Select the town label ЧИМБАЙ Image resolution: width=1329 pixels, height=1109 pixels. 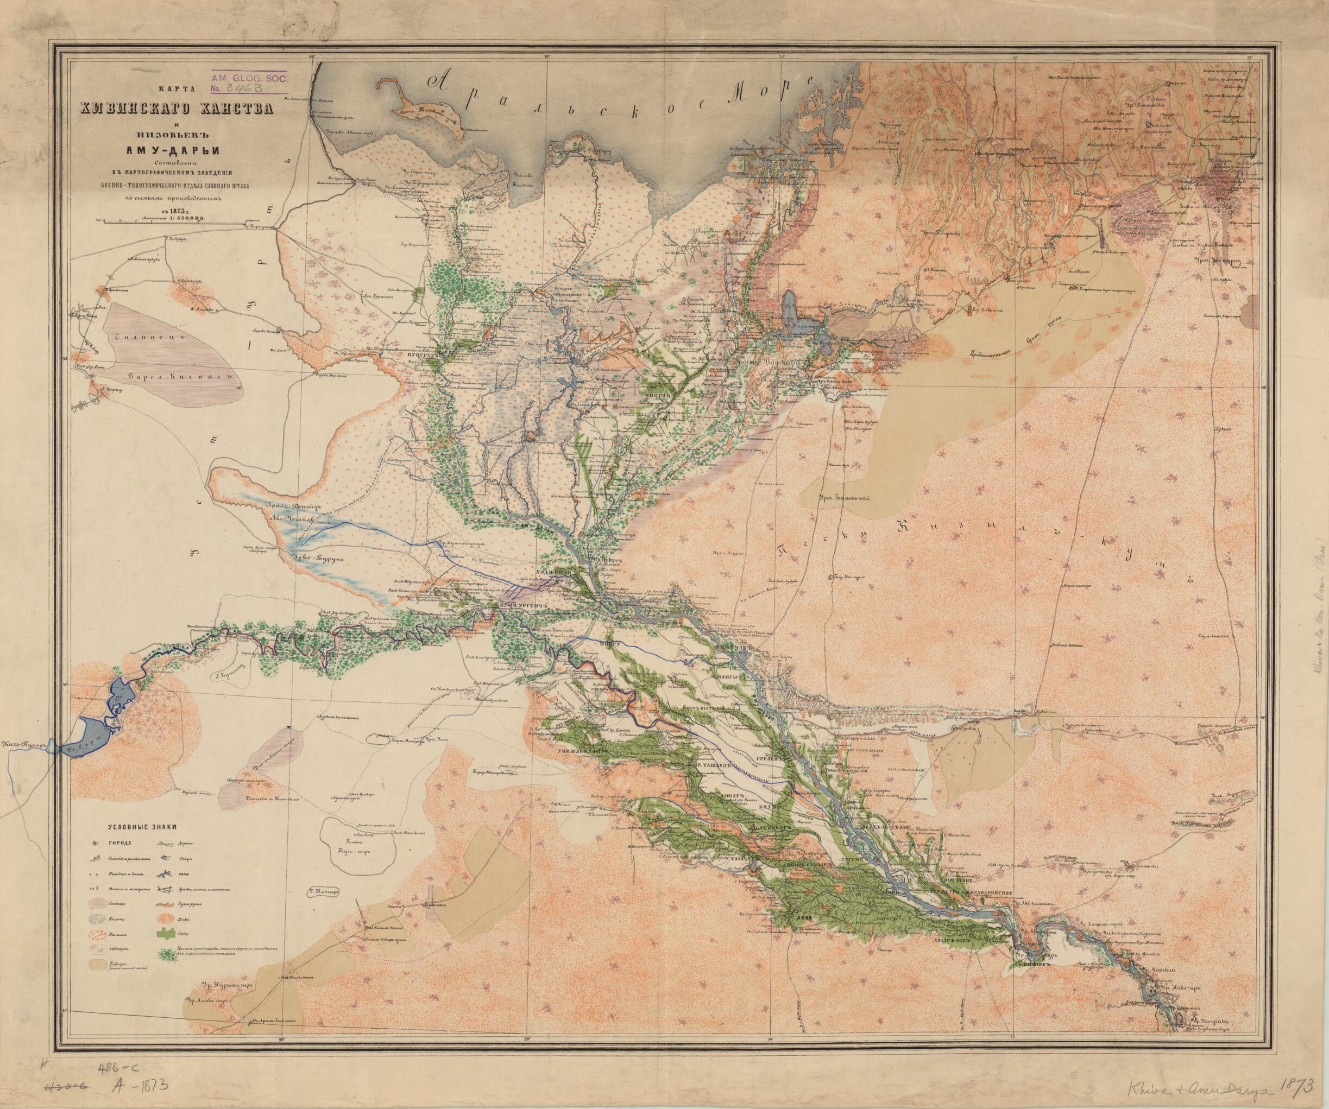(x=654, y=393)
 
